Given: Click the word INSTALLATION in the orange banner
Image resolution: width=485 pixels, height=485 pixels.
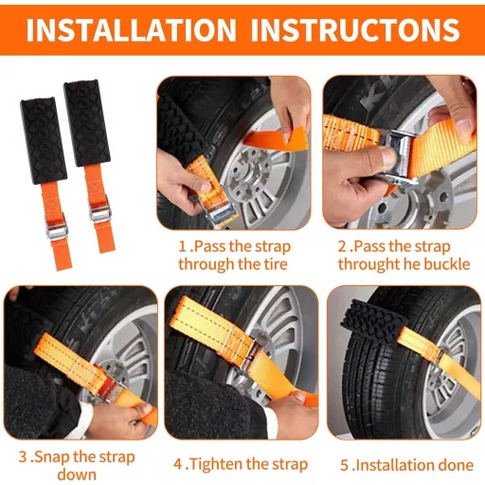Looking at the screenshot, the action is (x=131, y=30).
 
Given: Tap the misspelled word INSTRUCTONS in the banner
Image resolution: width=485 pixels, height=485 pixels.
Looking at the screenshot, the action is (x=355, y=30).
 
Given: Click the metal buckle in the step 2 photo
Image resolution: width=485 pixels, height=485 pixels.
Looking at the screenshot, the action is (x=399, y=158).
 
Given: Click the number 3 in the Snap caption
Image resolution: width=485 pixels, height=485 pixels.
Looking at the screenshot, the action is (x=23, y=457).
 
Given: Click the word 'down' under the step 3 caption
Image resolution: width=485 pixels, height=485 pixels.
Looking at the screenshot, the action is (x=77, y=475).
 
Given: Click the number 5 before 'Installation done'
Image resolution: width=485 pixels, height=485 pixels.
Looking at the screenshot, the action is (x=345, y=465).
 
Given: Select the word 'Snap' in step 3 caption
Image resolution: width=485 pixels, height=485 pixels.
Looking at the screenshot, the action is (x=52, y=458).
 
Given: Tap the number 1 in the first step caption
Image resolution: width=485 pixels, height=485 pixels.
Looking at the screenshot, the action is (x=182, y=246).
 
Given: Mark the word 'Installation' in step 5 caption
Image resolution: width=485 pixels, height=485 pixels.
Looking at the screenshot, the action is (x=395, y=465).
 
